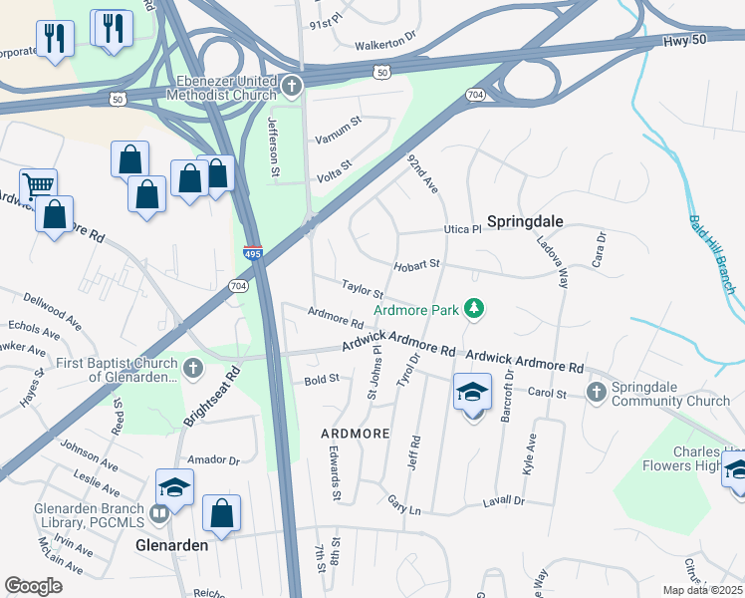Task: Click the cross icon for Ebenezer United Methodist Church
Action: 292,86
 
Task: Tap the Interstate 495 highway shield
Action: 253,255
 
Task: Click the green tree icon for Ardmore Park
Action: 475,310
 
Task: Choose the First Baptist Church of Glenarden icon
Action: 193,370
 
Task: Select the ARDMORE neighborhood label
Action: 355,435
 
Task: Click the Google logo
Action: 34,585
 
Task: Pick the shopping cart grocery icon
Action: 38,185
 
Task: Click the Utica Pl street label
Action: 462,229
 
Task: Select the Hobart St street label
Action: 416,264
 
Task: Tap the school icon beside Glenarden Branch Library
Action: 174,487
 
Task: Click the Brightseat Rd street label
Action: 212,398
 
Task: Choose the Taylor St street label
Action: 363,289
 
